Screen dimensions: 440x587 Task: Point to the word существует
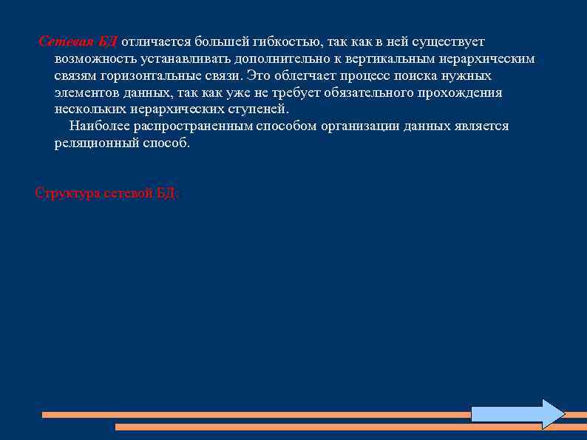pyautogui.click(x=449, y=41)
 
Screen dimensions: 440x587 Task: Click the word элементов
pyautogui.click(x=84, y=92)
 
